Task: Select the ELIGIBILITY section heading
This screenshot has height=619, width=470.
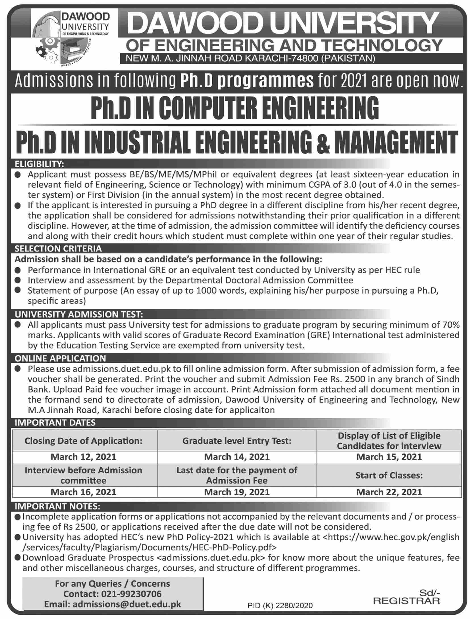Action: (x=39, y=164)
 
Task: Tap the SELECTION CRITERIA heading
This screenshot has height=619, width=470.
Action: (x=58, y=249)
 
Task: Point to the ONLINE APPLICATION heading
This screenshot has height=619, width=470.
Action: (x=60, y=358)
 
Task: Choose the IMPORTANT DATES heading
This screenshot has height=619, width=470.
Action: (x=55, y=423)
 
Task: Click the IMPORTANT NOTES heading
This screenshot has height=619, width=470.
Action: (x=57, y=506)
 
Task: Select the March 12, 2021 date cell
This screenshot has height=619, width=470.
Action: (x=84, y=457)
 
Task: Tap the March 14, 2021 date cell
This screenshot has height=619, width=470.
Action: (x=237, y=457)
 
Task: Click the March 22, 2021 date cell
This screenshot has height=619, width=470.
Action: (x=389, y=492)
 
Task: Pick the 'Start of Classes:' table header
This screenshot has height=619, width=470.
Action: (x=389, y=475)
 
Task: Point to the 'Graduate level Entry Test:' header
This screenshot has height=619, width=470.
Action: (x=237, y=440)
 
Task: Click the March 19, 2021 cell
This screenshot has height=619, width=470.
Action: (x=237, y=492)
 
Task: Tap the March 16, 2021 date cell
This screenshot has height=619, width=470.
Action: (x=84, y=492)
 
